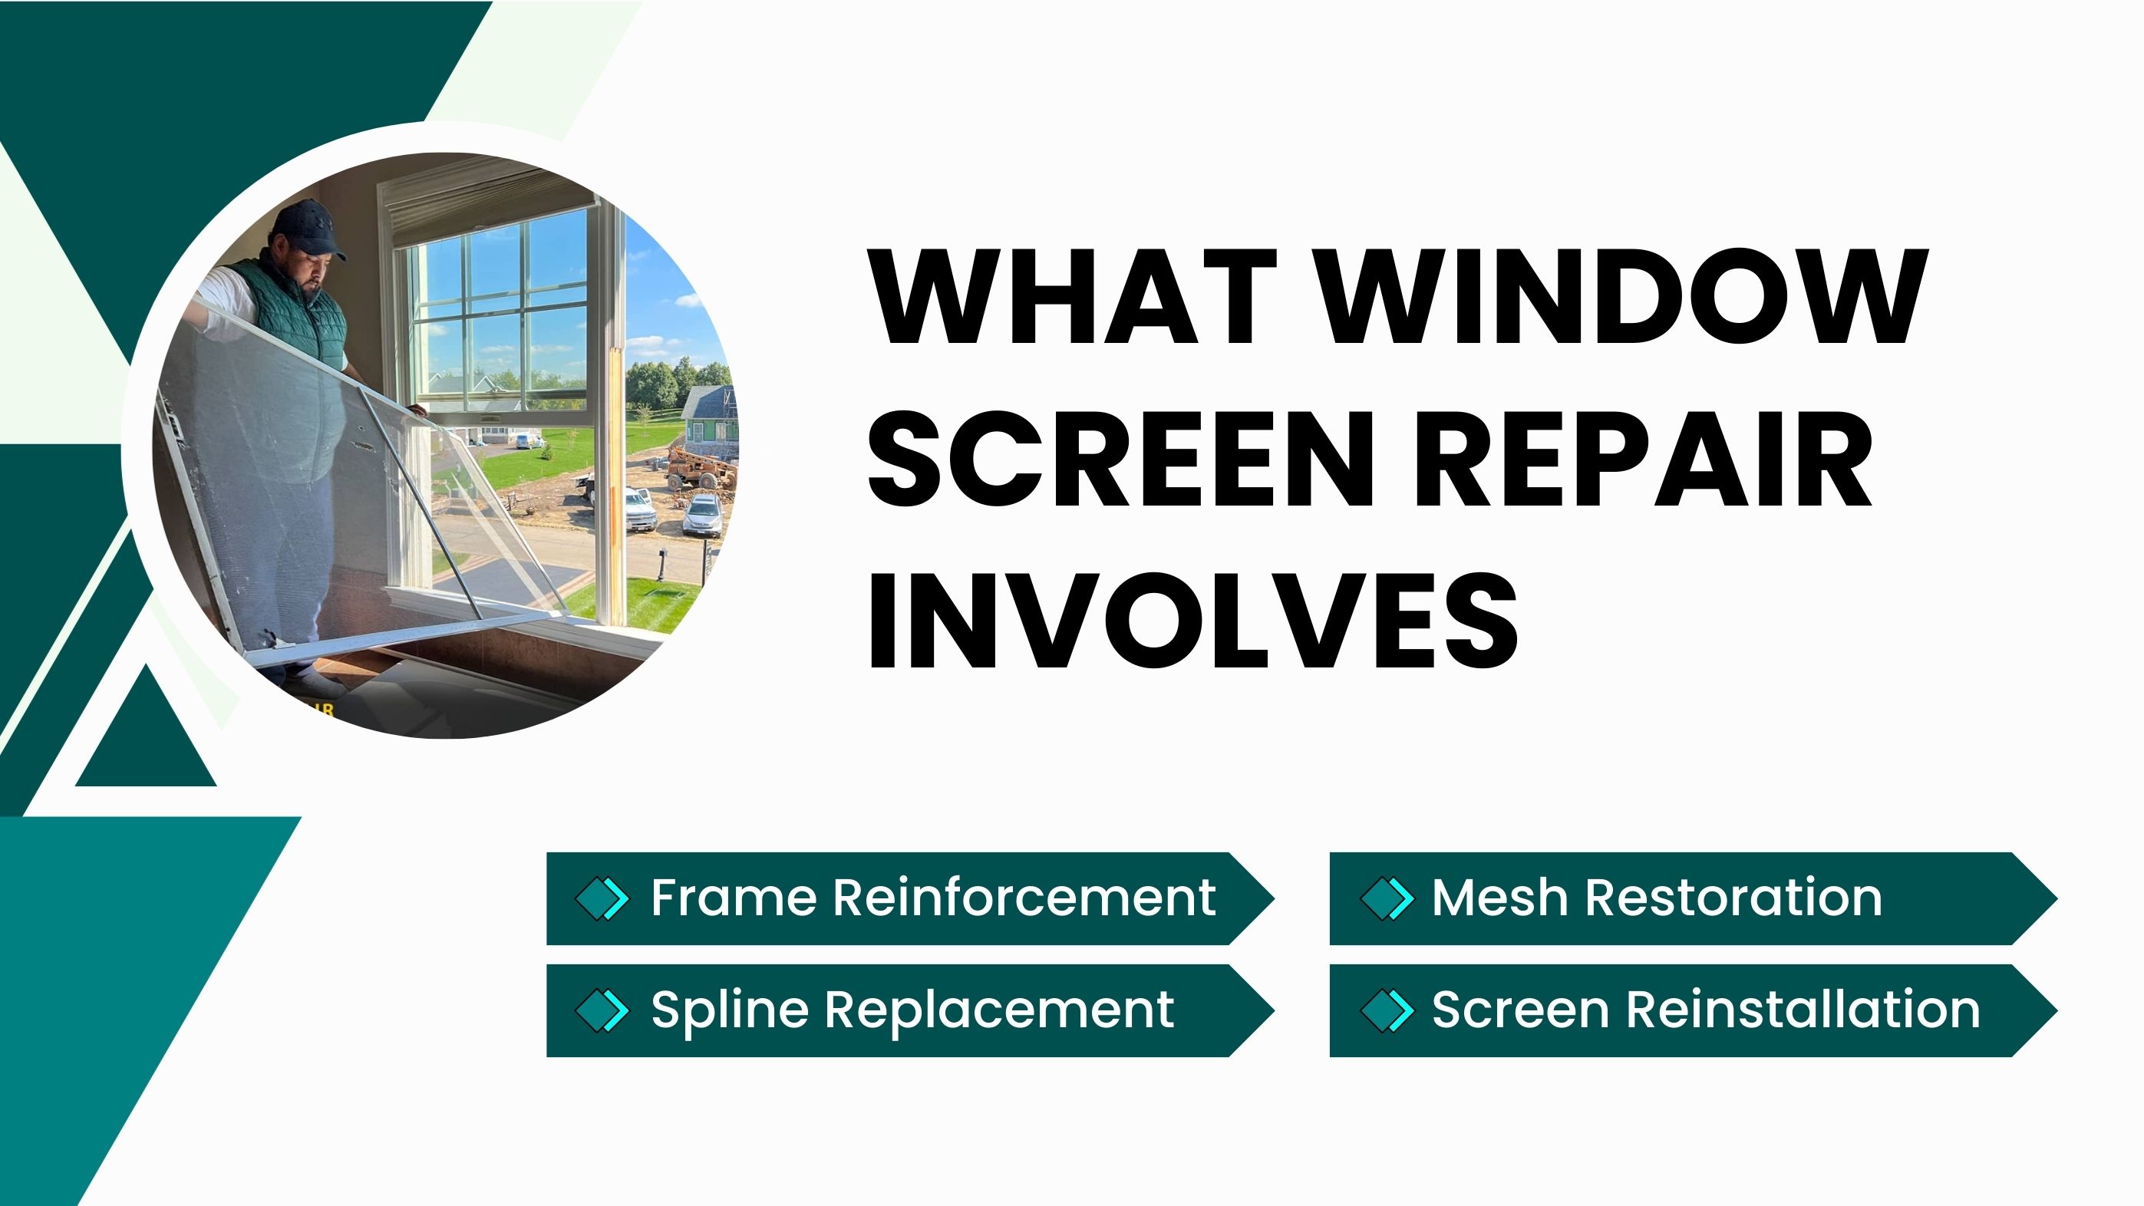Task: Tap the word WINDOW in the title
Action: (1624, 296)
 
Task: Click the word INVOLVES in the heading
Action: (1192, 619)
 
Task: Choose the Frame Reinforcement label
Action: (933, 898)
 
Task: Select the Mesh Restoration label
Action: (1656, 898)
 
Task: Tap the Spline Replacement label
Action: (912, 1010)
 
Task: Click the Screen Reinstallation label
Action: (1705, 1010)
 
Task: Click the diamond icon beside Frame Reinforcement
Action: (602, 899)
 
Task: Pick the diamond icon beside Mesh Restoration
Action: (1387, 899)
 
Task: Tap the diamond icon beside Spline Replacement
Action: (602, 1010)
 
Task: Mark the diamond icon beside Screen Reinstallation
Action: (1387, 1010)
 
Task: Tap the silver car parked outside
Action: (704, 516)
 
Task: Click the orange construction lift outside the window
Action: (701, 468)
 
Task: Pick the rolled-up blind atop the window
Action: (491, 199)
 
